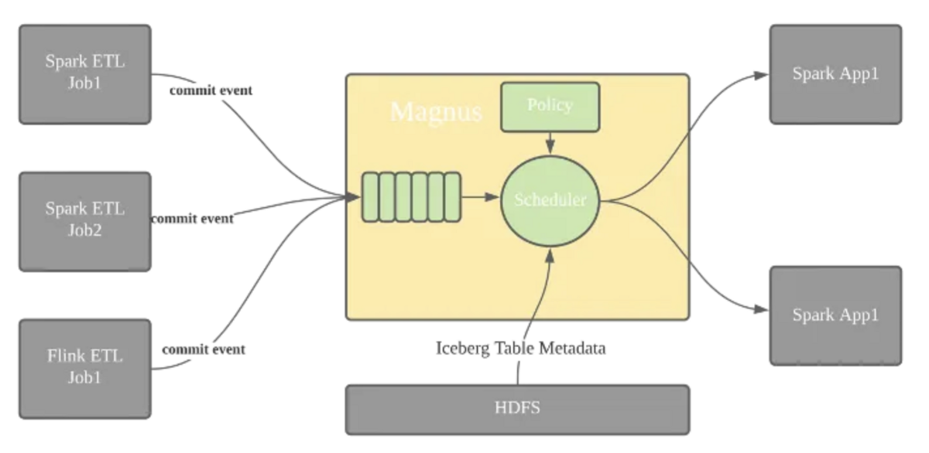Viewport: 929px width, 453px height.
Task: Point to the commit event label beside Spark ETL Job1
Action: (211, 90)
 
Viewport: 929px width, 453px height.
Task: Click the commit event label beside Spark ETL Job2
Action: (192, 218)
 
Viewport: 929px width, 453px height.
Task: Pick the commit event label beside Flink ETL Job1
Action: (204, 349)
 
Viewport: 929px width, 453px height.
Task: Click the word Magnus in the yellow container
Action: (436, 111)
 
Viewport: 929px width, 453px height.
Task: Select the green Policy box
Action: (550, 106)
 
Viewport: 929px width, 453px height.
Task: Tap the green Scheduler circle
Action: (550, 199)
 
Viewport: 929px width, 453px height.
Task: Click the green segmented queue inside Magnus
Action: (411, 198)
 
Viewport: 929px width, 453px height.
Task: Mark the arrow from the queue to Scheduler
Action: (481, 198)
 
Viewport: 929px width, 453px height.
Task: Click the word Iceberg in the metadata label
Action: (463, 348)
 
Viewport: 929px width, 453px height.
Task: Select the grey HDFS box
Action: (516, 409)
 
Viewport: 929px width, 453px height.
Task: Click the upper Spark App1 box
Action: (835, 73)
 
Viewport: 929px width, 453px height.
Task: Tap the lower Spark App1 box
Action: (835, 315)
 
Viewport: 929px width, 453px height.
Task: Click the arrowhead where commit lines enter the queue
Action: (355, 198)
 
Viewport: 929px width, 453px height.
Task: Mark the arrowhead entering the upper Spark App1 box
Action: (763, 75)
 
